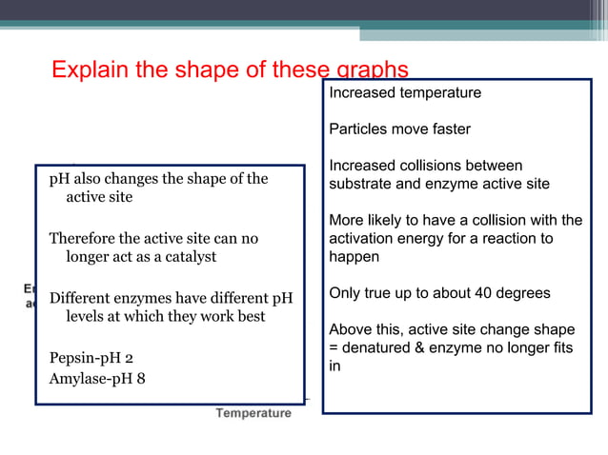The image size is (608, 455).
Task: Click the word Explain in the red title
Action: [85, 70]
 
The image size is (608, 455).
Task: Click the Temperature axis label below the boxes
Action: [253, 413]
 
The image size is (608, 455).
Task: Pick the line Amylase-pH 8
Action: [98, 380]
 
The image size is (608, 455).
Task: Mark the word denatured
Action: [381, 348]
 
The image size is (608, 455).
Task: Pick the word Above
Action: [351, 330]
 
